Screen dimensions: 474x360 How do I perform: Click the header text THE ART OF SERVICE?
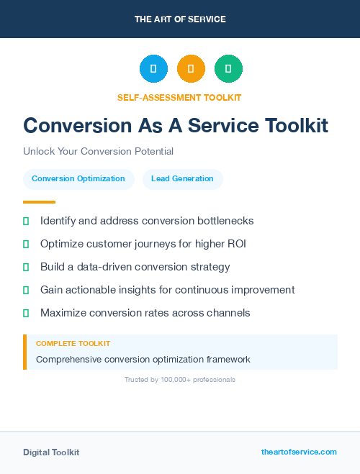click(x=180, y=19)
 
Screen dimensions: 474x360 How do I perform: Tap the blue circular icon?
click(x=153, y=68)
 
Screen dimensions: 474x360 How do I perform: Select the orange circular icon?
click(x=191, y=68)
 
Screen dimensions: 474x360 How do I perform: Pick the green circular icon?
click(x=228, y=68)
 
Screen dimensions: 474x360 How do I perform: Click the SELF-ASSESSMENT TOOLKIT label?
click(x=179, y=97)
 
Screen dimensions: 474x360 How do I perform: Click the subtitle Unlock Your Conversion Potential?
click(x=98, y=152)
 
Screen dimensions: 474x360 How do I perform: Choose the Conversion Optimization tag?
click(x=78, y=179)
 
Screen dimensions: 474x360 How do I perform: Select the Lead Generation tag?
click(x=182, y=179)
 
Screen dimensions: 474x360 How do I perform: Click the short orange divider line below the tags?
click(x=39, y=202)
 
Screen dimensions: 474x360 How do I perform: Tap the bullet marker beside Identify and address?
click(x=26, y=221)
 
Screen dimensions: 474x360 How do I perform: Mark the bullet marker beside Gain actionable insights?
click(x=26, y=290)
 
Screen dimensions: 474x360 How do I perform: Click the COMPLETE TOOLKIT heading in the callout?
click(x=73, y=344)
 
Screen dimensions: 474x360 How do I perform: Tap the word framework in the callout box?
click(x=225, y=359)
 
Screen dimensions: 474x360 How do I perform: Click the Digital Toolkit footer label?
click(x=51, y=452)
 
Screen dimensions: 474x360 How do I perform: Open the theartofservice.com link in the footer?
click(x=299, y=452)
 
